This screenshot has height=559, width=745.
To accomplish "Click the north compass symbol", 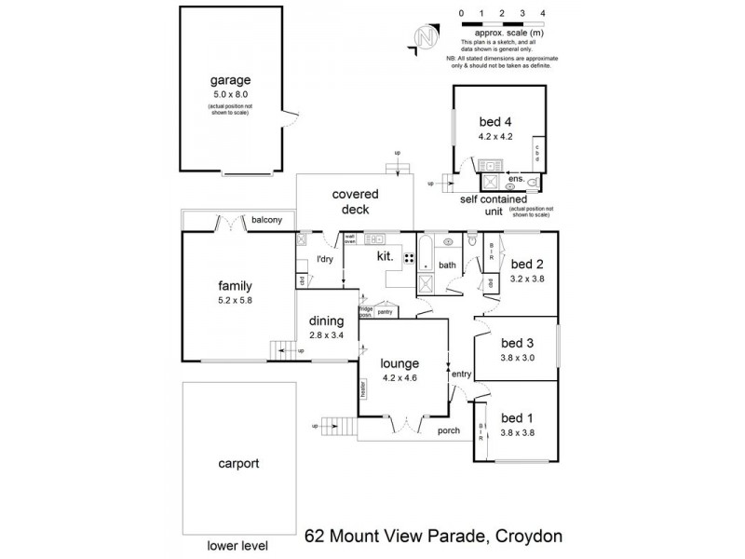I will [424, 37].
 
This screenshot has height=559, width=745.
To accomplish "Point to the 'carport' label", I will [237, 462].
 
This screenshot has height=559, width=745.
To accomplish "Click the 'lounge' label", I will [400, 363].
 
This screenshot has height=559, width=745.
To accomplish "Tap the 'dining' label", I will [326, 321].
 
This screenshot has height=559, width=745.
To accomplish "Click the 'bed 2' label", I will [526, 264].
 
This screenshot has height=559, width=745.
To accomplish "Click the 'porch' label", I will [450, 430].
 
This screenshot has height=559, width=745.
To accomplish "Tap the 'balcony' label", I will [267, 221].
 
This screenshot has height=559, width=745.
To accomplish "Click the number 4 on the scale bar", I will [541, 13].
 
